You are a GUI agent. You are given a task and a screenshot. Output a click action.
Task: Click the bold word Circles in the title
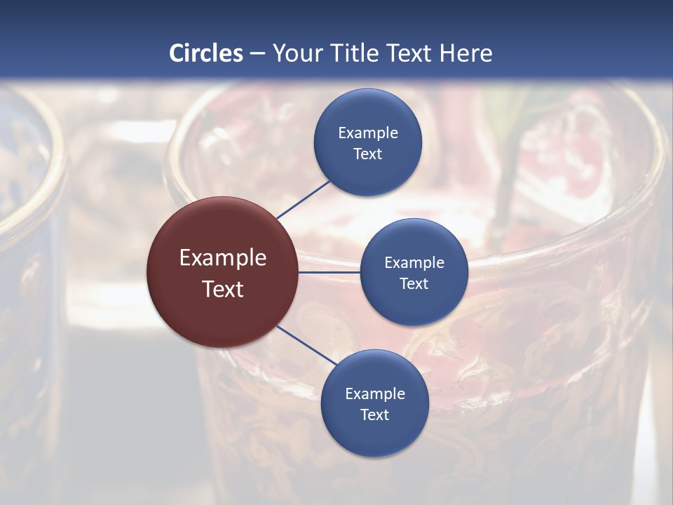(206, 53)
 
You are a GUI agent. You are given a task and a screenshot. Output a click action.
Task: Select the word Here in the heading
(465, 53)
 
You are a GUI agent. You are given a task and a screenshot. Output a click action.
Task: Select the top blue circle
(367, 112)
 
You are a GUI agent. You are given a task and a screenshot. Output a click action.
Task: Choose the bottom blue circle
(374, 438)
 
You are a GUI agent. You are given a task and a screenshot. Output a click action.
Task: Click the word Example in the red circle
(222, 257)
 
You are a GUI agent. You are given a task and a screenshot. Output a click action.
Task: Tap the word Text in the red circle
(222, 289)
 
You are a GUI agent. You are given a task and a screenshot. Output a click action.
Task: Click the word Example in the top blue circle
(367, 133)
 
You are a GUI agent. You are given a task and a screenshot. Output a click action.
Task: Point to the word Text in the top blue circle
(367, 154)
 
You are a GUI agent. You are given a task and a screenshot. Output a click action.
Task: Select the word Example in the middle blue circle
(414, 262)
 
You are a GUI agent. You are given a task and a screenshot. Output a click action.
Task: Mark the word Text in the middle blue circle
(414, 283)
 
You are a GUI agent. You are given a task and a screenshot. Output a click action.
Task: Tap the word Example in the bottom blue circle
(374, 393)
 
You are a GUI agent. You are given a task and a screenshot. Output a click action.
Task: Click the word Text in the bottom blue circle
(374, 415)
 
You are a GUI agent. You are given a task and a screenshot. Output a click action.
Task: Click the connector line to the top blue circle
(303, 200)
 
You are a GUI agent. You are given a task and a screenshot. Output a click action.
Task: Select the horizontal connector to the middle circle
(329, 272)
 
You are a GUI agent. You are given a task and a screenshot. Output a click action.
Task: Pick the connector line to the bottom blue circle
(306, 345)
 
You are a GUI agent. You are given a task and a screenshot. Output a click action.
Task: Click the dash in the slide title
(257, 54)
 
